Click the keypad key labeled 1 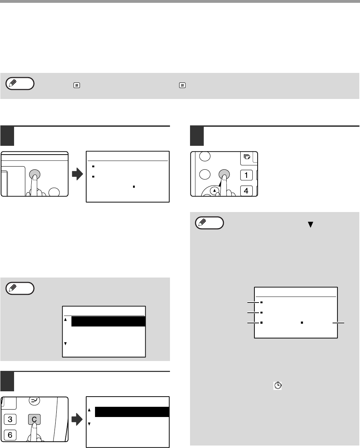pos(246,175)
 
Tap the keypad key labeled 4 pos(246,191)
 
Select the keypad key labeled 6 pos(10,435)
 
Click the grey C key pos(34,419)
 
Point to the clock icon pos(277,386)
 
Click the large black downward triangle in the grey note pos(310,224)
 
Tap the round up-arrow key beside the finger pos(214,191)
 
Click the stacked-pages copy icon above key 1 pos(247,157)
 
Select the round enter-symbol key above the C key pos(34,400)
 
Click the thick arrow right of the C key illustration pos(77,419)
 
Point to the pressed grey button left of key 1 pos(224,174)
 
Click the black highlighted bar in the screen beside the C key pos(132,412)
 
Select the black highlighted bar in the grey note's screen pos(108,321)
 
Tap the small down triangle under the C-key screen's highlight pos(89,424)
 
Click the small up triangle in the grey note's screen pos(65,319)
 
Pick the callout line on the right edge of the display pos(339,323)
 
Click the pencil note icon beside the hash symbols pos(20,83)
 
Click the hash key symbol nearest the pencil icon pos(77,85)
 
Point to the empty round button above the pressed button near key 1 pos(205,156)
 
